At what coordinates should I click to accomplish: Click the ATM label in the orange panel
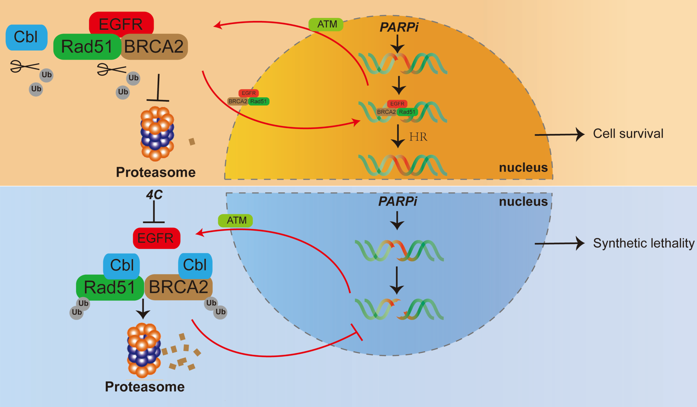click(326, 25)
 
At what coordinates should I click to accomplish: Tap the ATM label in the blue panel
click(236, 221)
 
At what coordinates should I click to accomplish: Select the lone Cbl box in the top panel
click(27, 37)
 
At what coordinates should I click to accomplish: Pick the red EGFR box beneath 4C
click(156, 238)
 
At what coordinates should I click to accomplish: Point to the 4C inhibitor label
click(154, 195)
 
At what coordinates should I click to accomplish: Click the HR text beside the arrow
click(418, 137)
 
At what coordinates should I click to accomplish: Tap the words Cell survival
click(628, 134)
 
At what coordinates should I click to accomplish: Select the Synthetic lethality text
click(644, 243)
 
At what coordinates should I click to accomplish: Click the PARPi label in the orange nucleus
click(399, 27)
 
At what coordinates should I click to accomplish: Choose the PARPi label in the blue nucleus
click(398, 201)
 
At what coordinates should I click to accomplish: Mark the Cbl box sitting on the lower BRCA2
click(195, 265)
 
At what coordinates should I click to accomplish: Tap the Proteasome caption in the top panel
click(156, 172)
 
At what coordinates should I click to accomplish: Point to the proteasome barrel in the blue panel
click(144, 351)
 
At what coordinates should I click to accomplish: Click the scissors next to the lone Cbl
click(24, 66)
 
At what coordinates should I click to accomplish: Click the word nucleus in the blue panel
click(523, 201)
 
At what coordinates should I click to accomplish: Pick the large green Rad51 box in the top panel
click(87, 47)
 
